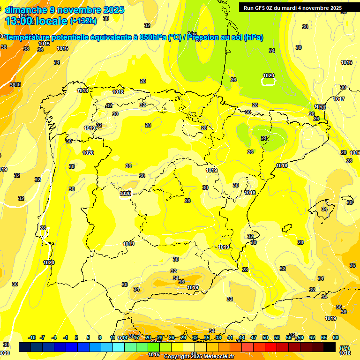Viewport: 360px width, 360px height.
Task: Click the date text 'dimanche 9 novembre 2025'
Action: tap(64, 10)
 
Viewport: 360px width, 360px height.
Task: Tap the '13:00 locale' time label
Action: tap(37, 21)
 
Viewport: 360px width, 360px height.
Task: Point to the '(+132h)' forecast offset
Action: tap(83, 21)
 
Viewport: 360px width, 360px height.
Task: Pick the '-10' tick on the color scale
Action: tap(32, 338)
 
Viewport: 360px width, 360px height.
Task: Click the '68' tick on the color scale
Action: tap(336, 338)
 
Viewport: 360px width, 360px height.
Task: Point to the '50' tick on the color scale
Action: tap(265, 338)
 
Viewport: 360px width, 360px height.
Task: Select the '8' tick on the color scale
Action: tap(100, 338)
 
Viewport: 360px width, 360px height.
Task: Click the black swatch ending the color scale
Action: tap(330, 347)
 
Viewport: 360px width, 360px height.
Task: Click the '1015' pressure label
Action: tap(44, 44)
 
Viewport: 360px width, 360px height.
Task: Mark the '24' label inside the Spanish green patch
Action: tap(264, 138)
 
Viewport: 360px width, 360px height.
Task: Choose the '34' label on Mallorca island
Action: tap(324, 209)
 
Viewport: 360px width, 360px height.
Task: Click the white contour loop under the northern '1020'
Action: tap(268, 82)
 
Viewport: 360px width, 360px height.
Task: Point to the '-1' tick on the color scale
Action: tap(65, 338)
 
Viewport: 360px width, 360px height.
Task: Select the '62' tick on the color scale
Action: tap(312, 338)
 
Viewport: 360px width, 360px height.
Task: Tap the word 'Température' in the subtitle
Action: tap(29, 37)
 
